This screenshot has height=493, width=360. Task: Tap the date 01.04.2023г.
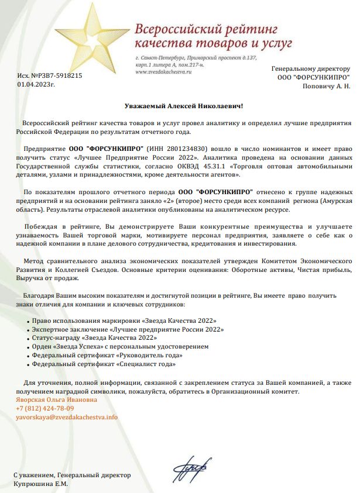coord(36,85)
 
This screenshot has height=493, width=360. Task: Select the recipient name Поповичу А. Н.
coord(326,86)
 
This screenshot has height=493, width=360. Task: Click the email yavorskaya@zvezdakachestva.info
coord(67,417)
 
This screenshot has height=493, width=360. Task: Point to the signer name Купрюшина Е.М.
coord(41,484)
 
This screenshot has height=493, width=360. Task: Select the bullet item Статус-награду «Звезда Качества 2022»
coord(95,338)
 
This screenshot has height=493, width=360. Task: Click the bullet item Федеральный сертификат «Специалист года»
coord(104,364)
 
